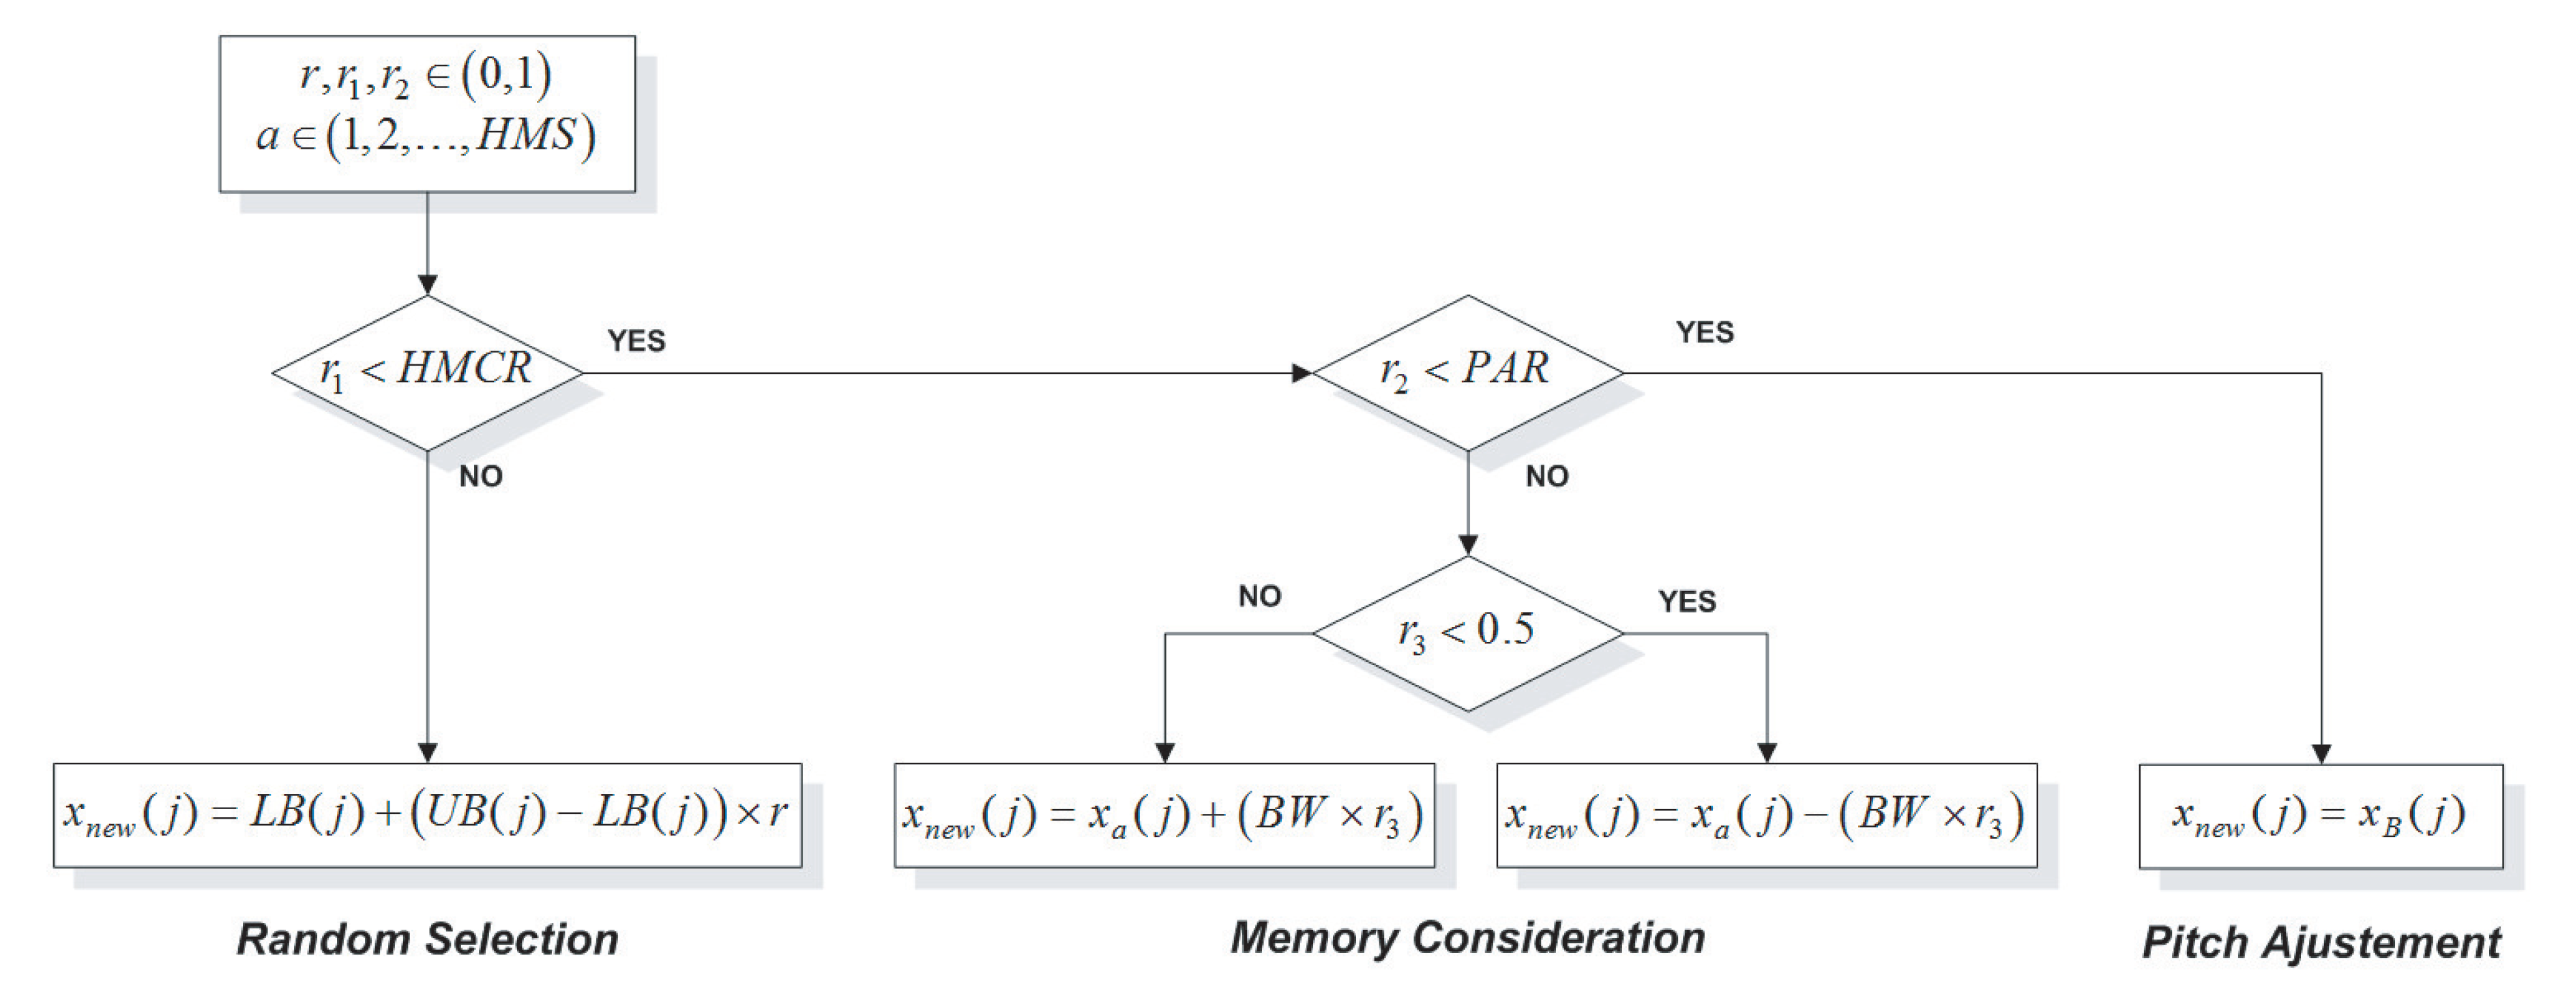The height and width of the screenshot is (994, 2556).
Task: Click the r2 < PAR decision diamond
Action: (x=1467, y=373)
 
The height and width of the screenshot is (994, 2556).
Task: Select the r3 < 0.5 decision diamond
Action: (x=1467, y=633)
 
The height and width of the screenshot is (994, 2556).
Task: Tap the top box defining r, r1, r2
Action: (x=426, y=113)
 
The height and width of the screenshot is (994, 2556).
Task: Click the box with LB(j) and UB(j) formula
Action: (x=426, y=815)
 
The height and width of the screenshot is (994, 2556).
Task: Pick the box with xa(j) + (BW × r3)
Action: (x=1164, y=815)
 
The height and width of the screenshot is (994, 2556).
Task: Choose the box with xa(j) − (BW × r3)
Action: (x=1766, y=815)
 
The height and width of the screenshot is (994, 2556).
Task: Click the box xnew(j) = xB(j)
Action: (x=2320, y=815)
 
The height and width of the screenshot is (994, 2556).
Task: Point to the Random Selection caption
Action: (x=426, y=939)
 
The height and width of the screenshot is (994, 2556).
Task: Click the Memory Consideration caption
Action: (x=1467, y=937)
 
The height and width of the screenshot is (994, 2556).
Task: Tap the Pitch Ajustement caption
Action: (x=2320, y=941)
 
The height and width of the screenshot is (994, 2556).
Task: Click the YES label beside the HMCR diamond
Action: (x=636, y=340)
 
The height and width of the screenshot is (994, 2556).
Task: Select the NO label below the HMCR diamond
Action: (x=480, y=476)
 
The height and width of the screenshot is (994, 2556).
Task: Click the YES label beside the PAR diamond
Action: (x=1704, y=332)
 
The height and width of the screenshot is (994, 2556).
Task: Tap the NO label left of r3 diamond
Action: (x=1259, y=596)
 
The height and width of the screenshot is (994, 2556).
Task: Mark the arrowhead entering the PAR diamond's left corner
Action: (x=1302, y=373)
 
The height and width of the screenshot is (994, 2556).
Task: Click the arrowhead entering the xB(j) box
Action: (x=2321, y=754)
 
